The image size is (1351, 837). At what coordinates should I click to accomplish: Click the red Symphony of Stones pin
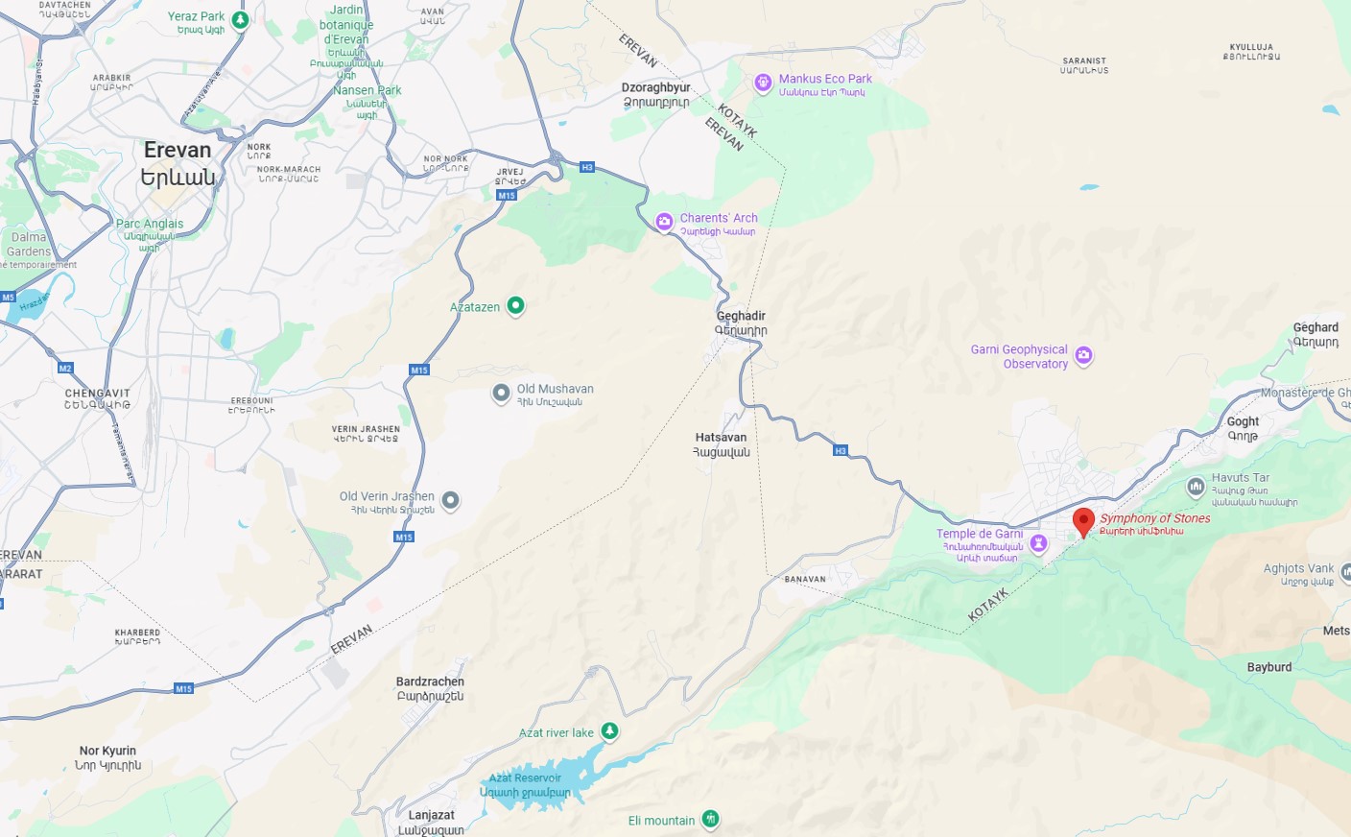coord(1083,521)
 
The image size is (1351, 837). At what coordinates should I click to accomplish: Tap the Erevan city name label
coord(178,151)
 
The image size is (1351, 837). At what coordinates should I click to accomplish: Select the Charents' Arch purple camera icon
coord(664,222)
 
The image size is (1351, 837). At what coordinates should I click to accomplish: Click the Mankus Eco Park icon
coord(763,83)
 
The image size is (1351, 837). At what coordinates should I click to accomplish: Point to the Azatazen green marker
coord(515,305)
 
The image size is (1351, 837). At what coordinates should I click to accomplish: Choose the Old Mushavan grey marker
coord(501,393)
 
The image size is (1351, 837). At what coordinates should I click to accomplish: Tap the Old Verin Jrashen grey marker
coord(450,500)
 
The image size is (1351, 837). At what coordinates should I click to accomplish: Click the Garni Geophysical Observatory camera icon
coord(1083,355)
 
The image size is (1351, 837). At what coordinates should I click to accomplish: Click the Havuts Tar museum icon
coord(1196,487)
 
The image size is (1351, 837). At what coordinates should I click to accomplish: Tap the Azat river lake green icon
coord(609,731)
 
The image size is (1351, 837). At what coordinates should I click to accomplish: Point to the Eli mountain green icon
coord(710,819)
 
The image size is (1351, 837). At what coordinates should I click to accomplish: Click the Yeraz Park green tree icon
coord(241,19)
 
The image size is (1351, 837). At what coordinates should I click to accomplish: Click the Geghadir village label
coord(741,316)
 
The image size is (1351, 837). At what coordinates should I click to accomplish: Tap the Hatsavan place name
coord(721,438)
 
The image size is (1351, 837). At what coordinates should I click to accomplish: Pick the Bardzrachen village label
coord(430,682)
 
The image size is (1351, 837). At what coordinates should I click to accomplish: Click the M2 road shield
coord(65,369)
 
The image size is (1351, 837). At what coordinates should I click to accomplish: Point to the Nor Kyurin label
coord(107,751)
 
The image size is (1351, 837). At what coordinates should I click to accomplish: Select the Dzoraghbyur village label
coord(655,87)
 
